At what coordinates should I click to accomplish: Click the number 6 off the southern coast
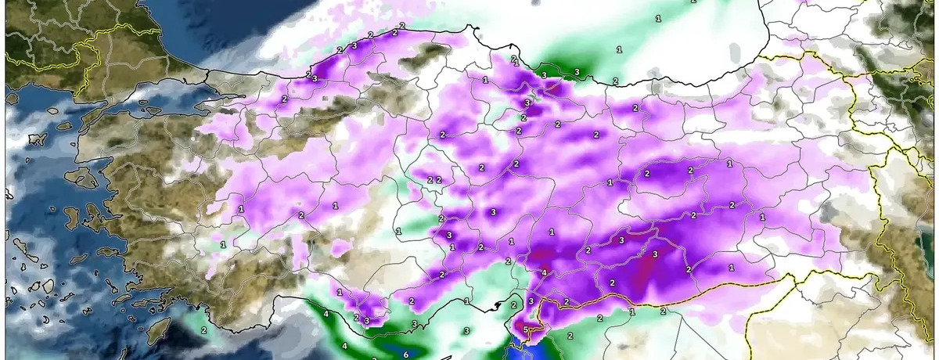tap(405, 355)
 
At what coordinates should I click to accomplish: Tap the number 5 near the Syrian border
tap(526, 329)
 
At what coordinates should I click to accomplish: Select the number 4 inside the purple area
tap(543, 273)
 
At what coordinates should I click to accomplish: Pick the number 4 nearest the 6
tap(344, 346)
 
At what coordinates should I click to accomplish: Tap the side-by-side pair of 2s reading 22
tap(434, 180)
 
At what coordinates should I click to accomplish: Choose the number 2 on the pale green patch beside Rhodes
tap(203, 330)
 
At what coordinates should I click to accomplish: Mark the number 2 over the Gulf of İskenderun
tap(513, 304)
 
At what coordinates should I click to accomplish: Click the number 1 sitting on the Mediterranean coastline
tap(466, 301)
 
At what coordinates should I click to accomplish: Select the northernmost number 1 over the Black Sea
tap(657, 17)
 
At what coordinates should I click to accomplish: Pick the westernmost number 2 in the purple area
tap(283, 99)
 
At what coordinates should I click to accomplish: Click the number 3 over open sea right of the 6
tap(466, 332)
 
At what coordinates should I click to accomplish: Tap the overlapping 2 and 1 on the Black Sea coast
tap(514, 60)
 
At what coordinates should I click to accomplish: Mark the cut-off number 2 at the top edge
tap(693, 2)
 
